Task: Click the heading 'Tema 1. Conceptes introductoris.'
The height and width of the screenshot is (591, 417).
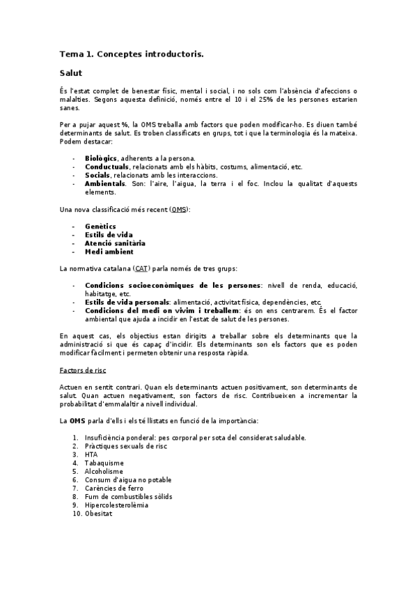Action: [132, 54]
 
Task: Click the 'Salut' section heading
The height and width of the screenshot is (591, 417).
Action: [71, 72]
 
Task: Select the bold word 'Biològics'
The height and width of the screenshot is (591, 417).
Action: [101, 159]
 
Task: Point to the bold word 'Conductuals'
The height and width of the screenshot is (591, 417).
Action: [107, 167]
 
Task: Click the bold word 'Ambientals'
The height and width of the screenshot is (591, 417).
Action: [105, 183]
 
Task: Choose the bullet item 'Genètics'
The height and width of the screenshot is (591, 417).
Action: [100, 226]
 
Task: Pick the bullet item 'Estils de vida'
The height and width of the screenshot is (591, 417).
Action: [109, 235]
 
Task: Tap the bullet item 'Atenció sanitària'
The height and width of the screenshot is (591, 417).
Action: [115, 243]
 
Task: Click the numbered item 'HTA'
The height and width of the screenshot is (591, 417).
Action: [91, 454]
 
